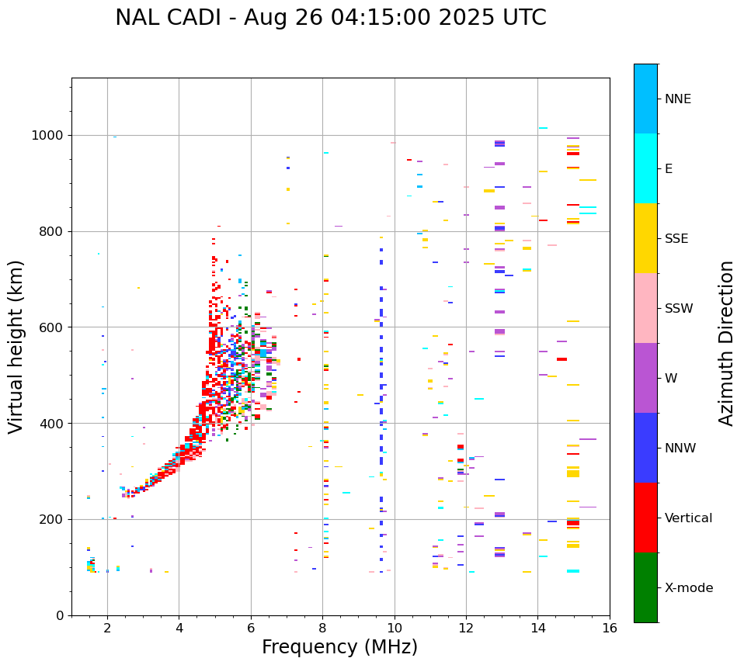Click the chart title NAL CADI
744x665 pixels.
330,18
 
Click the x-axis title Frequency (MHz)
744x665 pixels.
339,647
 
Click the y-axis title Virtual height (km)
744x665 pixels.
16,347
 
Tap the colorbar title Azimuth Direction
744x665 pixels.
726,343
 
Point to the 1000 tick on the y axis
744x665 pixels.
50,136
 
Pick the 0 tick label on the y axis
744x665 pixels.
61,615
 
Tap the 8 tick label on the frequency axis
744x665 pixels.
322,628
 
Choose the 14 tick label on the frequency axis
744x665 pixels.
537,628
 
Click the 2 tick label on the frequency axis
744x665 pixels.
107,628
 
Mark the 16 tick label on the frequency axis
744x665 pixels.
609,628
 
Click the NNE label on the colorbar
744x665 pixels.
677,99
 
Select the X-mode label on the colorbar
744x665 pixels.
688,588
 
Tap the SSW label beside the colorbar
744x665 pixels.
679,309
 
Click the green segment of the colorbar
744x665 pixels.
645,587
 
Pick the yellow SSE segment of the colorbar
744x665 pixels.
645,238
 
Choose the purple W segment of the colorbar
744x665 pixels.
645,378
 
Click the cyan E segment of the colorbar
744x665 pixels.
645,168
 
